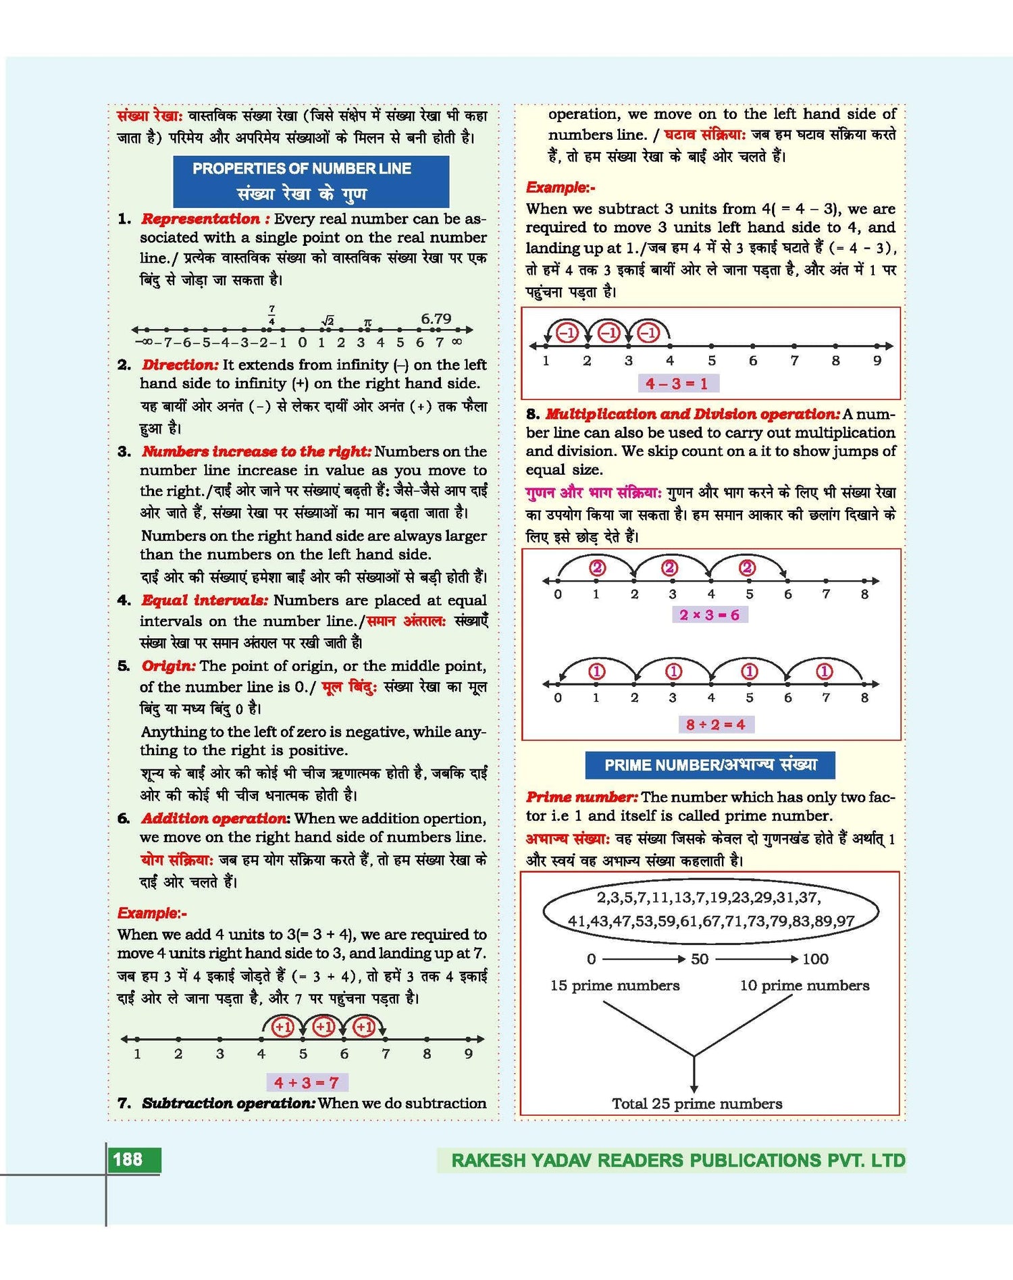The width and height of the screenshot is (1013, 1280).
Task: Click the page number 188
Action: tap(128, 1160)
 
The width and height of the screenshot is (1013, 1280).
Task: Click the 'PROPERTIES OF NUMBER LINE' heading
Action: tap(302, 169)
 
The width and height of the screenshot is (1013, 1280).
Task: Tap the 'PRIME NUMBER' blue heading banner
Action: tap(710, 765)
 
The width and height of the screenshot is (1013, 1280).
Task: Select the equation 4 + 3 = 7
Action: tap(306, 1083)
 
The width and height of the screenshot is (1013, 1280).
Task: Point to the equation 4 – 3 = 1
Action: tap(677, 384)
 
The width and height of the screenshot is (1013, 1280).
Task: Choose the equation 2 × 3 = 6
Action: tap(709, 615)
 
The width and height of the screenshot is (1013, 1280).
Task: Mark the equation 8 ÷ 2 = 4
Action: tap(715, 725)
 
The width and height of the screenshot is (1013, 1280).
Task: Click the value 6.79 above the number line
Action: tap(436, 318)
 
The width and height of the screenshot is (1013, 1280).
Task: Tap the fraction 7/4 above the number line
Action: tap(271, 315)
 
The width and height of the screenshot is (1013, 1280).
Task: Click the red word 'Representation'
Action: tap(201, 219)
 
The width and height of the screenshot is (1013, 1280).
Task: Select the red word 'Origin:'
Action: tap(169, 666)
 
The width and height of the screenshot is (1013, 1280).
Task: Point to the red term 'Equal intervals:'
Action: tap(205, 600)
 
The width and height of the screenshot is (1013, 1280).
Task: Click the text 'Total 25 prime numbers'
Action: tap(697, 1104)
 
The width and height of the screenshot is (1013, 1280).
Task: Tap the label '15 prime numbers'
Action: tap(615, 985)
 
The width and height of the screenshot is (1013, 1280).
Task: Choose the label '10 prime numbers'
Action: tap(804, 985)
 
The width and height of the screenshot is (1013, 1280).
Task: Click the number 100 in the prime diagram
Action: tap(815, 959)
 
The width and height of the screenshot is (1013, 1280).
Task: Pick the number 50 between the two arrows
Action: tap(700, 959)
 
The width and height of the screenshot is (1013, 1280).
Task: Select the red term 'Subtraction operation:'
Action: tap(228, 1103)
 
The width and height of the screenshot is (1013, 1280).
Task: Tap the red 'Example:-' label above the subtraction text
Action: tap(561, 188)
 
